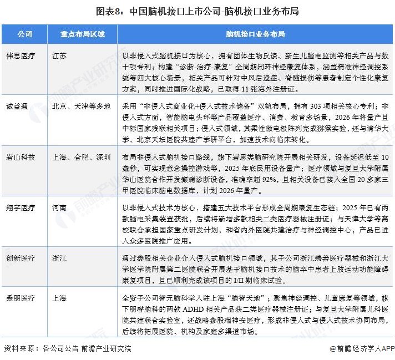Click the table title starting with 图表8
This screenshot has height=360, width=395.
197,11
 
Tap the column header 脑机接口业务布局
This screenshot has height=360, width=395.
255,34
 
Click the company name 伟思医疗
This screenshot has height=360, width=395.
20,56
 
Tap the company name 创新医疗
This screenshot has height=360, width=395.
20,258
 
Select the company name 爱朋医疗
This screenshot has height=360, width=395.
20,298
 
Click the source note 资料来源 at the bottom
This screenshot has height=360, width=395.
67,349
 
